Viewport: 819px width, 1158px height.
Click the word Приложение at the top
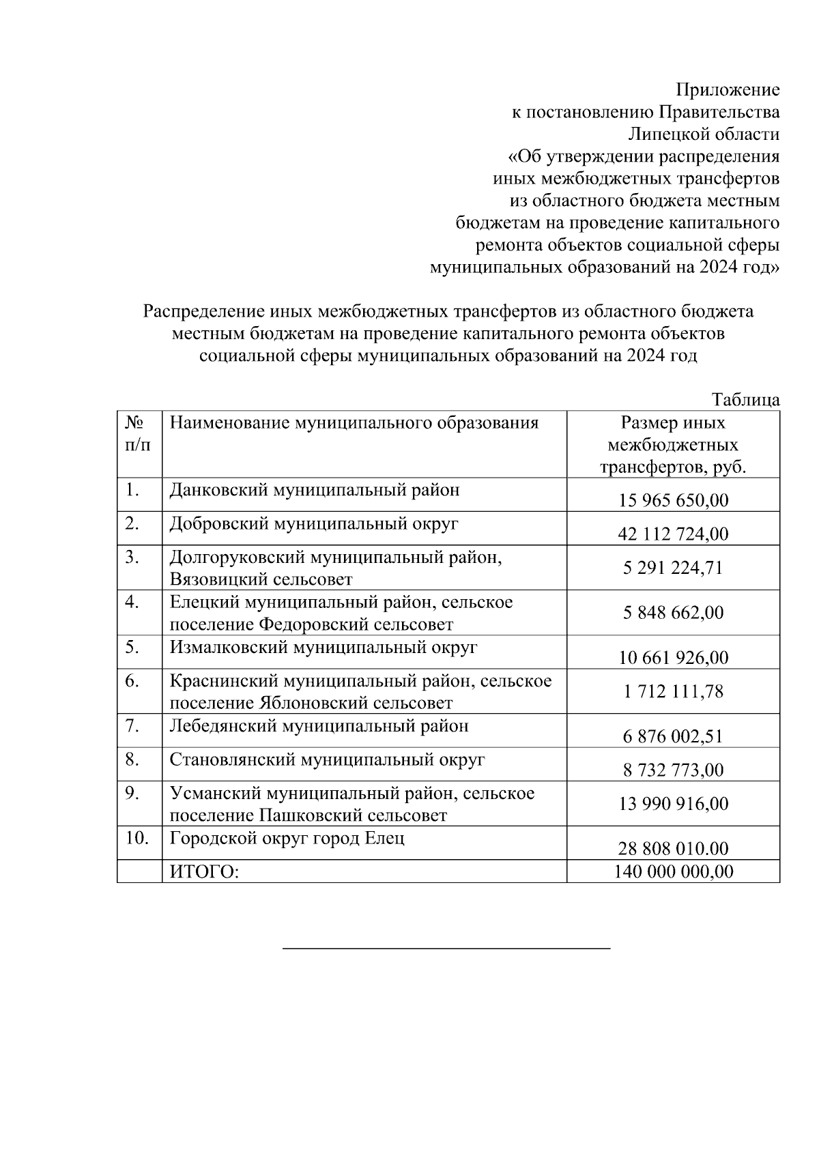(727, 90)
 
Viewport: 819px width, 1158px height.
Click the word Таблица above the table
(745, 400)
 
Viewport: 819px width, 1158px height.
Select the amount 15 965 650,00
(673, 500)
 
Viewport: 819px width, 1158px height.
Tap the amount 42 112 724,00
(673, 534)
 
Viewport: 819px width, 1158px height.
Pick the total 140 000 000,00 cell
(673, 871)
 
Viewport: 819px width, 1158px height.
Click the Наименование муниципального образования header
(354, 423)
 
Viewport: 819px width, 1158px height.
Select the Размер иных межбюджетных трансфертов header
(673, 445)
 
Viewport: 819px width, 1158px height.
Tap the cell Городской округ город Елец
(287, 838)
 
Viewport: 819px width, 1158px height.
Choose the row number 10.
(137, 838)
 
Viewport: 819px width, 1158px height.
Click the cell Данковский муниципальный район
(314, 490)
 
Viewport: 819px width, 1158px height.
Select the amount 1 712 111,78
(673, 691)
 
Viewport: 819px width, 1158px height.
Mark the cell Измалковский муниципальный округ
(323, 647)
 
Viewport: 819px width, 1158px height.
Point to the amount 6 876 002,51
(673, 736)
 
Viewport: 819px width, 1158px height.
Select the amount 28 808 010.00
(673, 848)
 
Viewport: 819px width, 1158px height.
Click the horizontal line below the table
(446, 949)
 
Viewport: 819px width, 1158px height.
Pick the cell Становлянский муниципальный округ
(327, 759)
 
